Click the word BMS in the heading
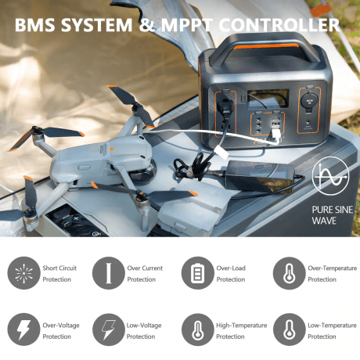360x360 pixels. pos(34,25)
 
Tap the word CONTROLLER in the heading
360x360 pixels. pos(279,25)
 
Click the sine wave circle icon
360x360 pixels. pos(330,176)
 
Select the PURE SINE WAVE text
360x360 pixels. pos(333,215)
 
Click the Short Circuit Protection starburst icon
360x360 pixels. pos(23,273)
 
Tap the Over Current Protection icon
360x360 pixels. pos(109,273)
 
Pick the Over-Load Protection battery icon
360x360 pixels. pos(198,273)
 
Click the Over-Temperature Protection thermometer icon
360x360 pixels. pos(289,273)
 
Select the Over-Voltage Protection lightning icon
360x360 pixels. pos(23,329)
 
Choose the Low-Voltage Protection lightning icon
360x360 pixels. pos(109,329)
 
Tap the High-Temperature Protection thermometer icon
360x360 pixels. pos(198,329)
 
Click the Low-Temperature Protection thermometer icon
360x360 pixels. pos(289,329)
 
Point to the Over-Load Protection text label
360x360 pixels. pos(231,274)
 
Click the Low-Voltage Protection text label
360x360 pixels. pos(144,331)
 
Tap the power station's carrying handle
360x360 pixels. pos(265,49)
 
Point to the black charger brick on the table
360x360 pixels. pos(260,176)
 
